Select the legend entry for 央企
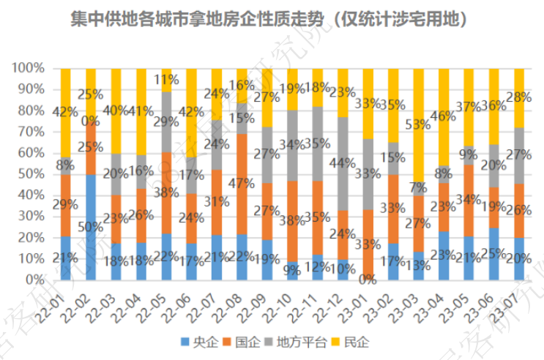[x=202, y=342]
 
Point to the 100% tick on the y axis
[x=29, y=68]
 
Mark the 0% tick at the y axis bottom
[x=35, y=280]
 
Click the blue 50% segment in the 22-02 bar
[x=91, y=227]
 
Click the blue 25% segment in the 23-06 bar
[x=494, y=253]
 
